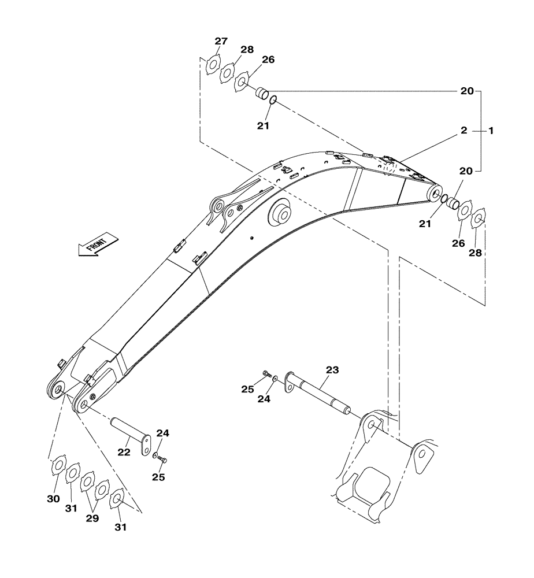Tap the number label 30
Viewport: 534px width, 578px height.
[53, 499]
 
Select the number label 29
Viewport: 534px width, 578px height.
[92, 518]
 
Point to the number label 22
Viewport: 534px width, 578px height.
[124, 452]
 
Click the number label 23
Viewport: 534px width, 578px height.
[332, 369]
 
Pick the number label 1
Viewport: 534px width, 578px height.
[491, 131]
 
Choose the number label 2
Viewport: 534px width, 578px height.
[463, 131]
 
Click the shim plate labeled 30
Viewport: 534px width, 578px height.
[58, 466]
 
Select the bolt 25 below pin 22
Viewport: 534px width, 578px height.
[164, 461]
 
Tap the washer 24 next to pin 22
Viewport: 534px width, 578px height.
[156, 455]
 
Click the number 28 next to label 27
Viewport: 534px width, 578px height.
[247, 50]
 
